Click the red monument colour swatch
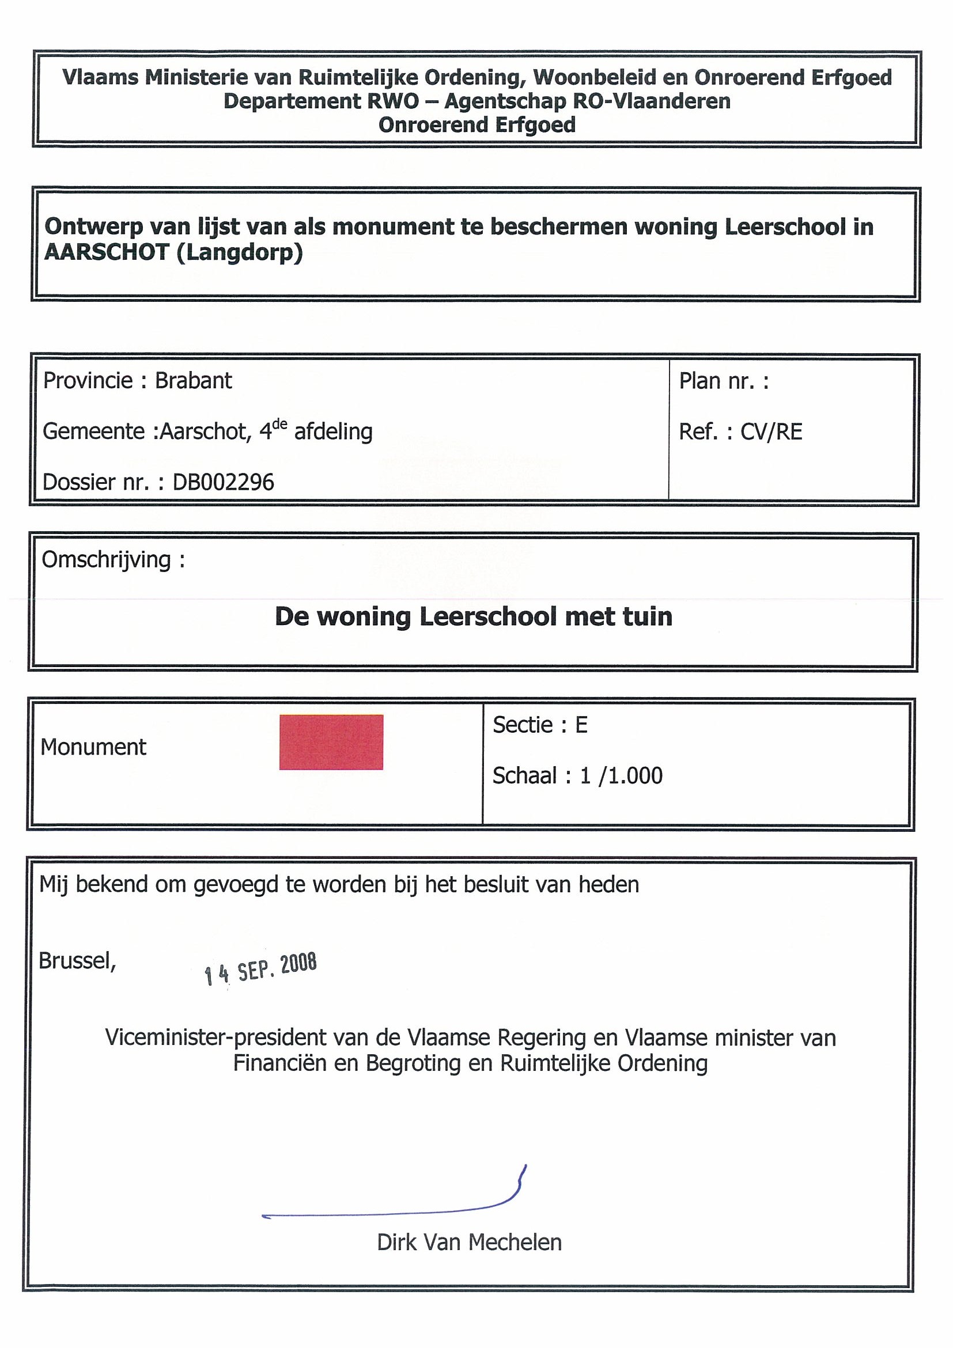pyautogui.click(x=331, y=741)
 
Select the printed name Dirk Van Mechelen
pyautogui.click(x=469, y=1243)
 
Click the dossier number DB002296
pyautogui.click(x=223, y=483)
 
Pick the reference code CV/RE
pyautogui.click(x=771, y=432)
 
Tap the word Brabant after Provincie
pyautogui.click(x=193, y=381)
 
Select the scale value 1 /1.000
pyautogui.click(x=621, y=776)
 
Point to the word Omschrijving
pyautogui.click(x=106, y=560)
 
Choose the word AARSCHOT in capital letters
pyautogui.click(x=107, y=252)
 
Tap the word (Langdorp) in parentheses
pyautogui.click(x=239, y=252)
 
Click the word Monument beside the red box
pyautogui.click(x=93, y=747)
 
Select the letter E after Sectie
pyautogui.click(x=581, y=725)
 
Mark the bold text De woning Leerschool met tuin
pyautogui.click(x=473, y=617)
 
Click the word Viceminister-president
pyautogui.click(x=216, y=1038)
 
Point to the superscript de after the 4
pyautogui.click(x=279, y=424)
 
